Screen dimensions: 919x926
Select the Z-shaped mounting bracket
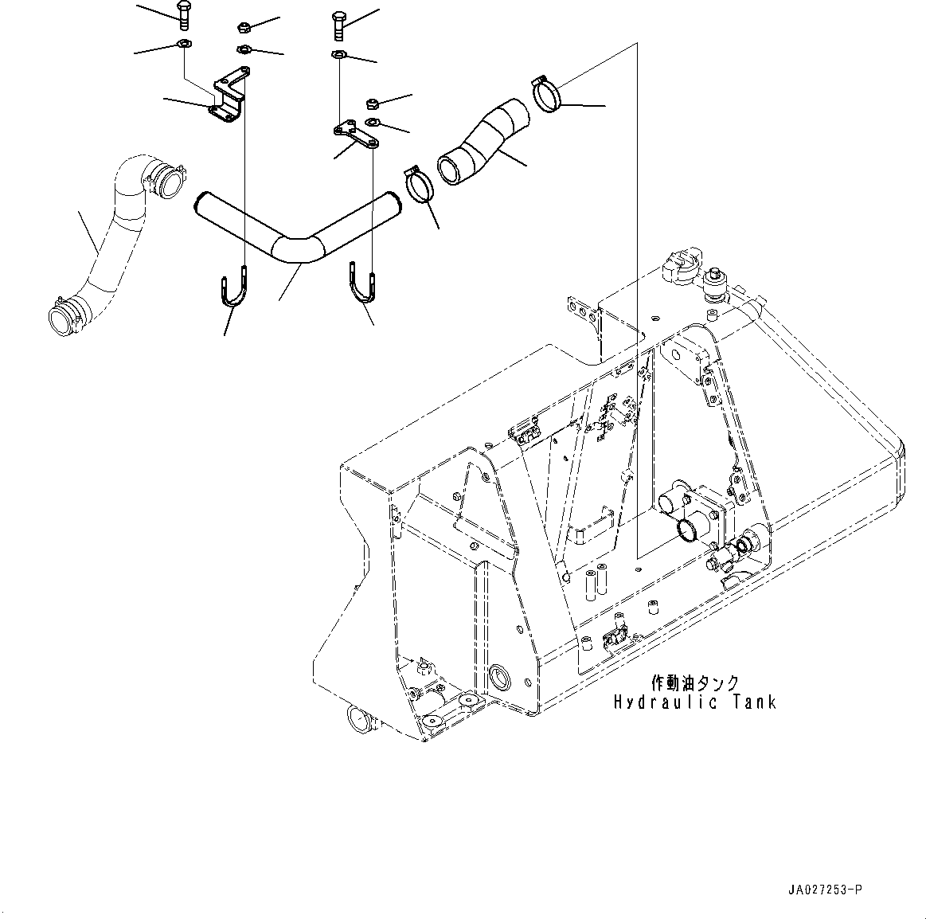point(228,100)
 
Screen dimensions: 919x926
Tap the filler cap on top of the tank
point(678,268)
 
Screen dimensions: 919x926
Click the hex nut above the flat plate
point(370,104)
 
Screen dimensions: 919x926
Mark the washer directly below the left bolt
point(182,45)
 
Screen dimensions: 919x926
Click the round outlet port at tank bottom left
point(361,722)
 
